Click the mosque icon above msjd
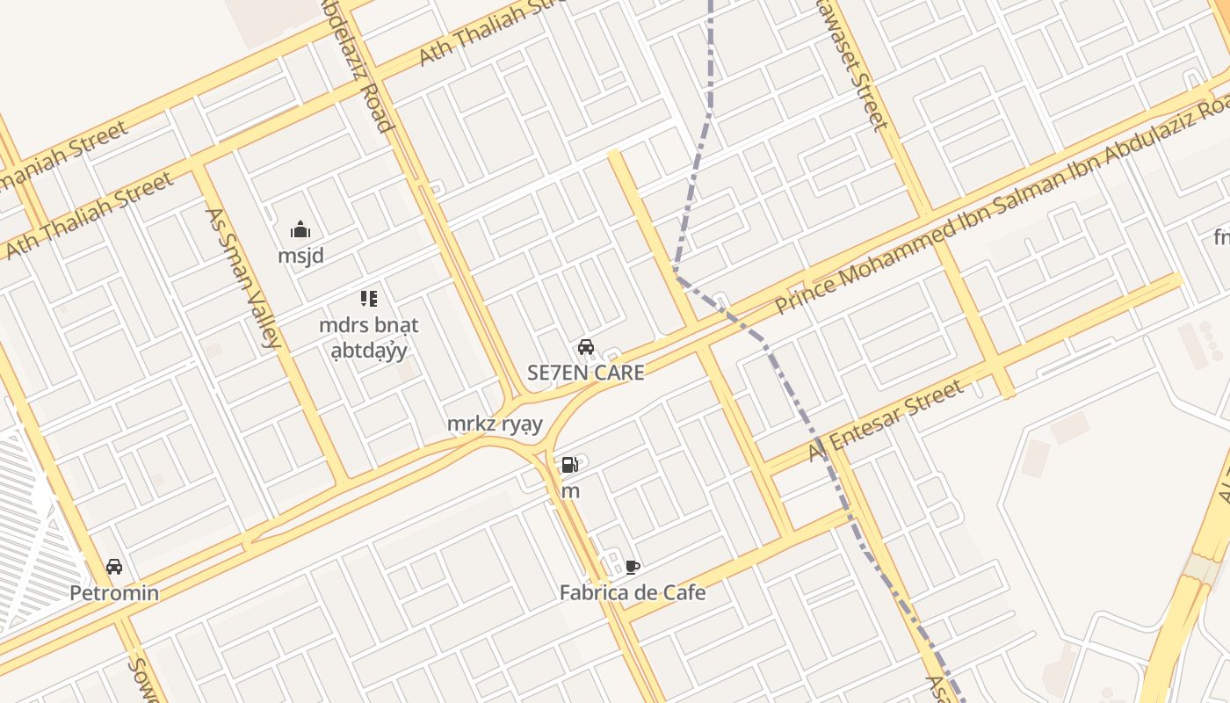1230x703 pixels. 300,230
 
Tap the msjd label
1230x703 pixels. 300,257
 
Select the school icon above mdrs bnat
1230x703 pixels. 369,299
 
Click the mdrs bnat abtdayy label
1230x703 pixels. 369,337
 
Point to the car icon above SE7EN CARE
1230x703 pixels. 586,347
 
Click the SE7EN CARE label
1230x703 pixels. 586,373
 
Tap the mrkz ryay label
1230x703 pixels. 495,424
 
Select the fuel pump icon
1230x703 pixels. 570,466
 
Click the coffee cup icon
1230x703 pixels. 632,567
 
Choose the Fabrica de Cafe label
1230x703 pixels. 633,593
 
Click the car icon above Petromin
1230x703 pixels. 114,567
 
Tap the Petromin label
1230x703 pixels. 114,593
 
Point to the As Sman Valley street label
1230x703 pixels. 243,278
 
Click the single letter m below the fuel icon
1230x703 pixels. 570,492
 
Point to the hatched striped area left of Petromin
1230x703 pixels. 35,527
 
